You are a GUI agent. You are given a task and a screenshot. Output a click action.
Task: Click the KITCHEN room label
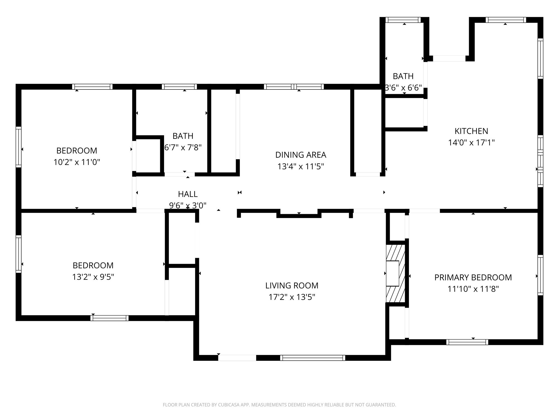(x=471, y=131)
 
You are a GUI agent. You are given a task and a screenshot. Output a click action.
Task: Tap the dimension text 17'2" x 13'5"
(x=292, y=297)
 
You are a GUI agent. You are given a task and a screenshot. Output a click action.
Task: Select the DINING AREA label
(x=301, y=155)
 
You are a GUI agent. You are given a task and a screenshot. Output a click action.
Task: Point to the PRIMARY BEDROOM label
(x=473, y=277)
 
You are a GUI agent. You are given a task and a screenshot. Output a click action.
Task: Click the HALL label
(x=188, y=194)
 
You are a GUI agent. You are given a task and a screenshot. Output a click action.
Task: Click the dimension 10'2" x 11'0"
(x=77, y=162)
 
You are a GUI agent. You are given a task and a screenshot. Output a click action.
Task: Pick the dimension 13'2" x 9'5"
(x=93, y=277)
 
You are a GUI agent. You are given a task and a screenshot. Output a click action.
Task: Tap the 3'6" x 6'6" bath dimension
(x=403, y=88)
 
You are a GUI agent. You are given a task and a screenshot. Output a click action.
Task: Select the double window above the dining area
(x=294, y=87)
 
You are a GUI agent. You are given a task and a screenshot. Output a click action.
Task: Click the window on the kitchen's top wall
(x=506, y=20)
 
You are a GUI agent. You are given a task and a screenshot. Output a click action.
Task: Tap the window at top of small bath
(x=403, y=20)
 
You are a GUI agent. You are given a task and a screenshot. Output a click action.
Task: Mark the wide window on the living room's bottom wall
(x=313, y=358)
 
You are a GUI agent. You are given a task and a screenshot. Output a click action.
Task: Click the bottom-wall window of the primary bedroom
(x=467, y=342)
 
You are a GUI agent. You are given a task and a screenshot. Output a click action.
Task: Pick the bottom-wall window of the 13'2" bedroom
(x=109, y=318)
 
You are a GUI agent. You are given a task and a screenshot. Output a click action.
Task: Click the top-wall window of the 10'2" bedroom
(x=92, y=87)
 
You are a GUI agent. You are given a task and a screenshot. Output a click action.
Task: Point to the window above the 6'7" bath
(x=179, y=87)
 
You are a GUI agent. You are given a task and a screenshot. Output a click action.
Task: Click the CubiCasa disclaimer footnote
(x=279, y=405)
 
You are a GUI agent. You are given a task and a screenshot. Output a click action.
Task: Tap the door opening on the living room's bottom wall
(x=237, y=358)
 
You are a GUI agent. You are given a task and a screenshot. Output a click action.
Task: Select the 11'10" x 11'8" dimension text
(x=473, y=289)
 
